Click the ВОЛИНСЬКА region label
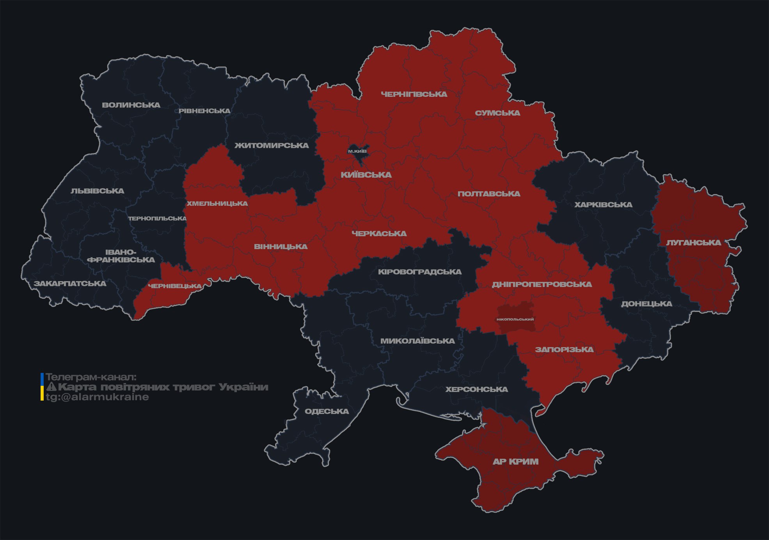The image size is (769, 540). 131,105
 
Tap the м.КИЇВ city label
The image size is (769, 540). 357,151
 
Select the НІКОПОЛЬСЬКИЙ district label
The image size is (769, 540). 515,319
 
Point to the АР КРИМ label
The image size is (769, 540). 515,462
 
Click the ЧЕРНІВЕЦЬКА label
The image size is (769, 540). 175,286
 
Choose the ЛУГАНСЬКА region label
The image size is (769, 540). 693,242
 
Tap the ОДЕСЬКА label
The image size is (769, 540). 327,411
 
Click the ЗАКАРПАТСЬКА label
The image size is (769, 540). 70,283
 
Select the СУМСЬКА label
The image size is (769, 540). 497,113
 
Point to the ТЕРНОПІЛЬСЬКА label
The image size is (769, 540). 158,218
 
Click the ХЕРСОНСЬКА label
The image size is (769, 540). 476,389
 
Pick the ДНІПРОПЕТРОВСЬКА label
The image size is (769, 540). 542,284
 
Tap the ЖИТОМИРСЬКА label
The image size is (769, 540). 272,146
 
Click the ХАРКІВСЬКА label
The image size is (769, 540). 603,205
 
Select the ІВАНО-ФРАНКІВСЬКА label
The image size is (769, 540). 121,256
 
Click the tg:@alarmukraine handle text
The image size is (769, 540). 97,397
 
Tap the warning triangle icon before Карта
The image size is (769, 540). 51,387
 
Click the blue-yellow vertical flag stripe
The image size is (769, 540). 42,387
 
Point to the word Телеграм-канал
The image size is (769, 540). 91,377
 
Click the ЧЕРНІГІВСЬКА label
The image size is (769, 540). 414,94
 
